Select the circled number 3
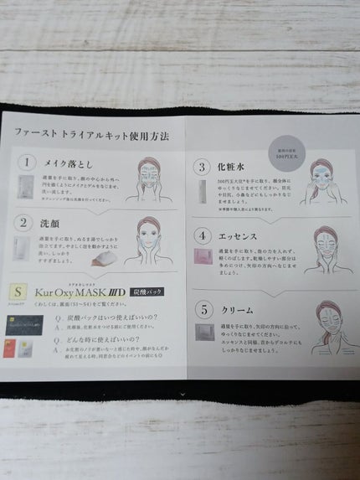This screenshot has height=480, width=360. [201, 167]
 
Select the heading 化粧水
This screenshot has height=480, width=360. [234, 168]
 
